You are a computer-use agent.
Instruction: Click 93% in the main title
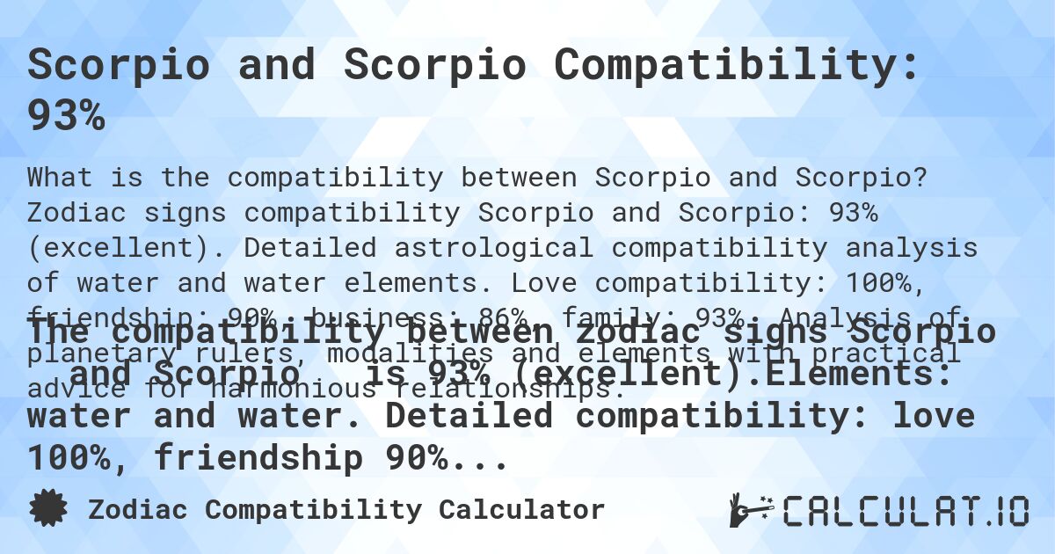[x=66, y=115]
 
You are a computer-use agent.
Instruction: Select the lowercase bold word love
[x=934, y=415]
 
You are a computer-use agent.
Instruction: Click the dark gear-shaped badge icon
[x=47, y=509]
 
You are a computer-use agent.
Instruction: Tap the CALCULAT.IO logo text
[x=906, y=510]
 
